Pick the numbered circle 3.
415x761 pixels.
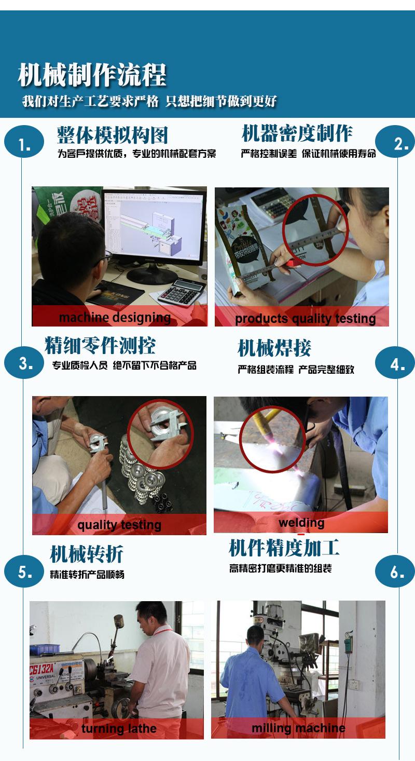24,363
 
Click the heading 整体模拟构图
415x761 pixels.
113,135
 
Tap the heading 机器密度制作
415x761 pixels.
297,133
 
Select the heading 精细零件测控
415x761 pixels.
100,345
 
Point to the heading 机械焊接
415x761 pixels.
274,348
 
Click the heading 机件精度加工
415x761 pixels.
284,548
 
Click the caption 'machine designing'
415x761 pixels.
115,317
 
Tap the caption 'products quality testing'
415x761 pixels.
305,318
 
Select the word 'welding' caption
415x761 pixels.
301,522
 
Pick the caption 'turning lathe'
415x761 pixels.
119,729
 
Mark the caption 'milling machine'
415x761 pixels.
298,728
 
